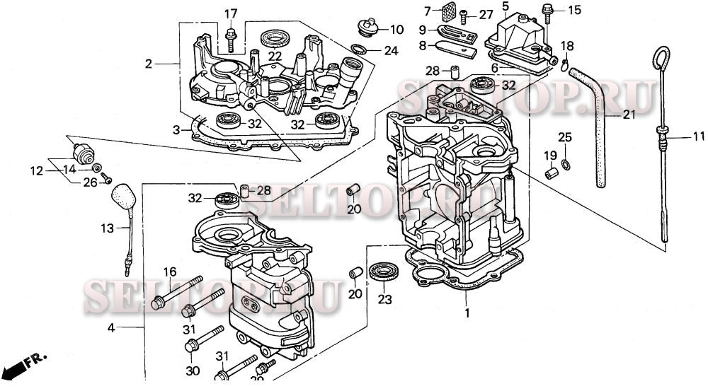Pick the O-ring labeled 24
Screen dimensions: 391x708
click(x=360, y=49)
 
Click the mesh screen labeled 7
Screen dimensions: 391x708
click(x=448, y=13)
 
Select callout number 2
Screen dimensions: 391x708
click(x=149, y=64)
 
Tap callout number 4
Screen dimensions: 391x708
click(x=112, y=328)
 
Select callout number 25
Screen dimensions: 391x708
click(x=565, y=136)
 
